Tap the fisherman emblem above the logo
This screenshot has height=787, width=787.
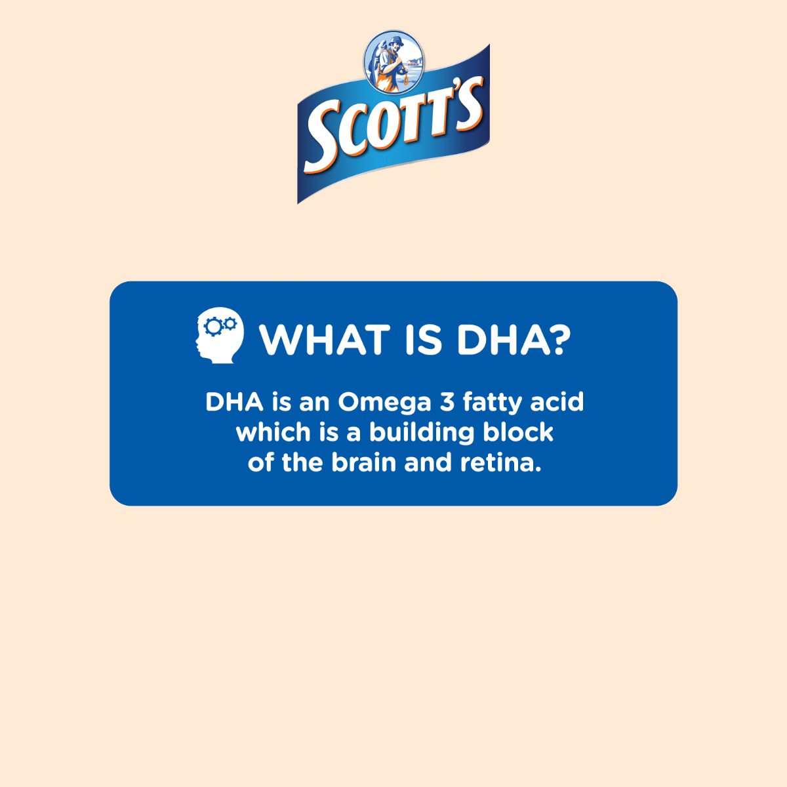[x=394, y=62]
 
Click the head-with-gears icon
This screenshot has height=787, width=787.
[x=220, y=335]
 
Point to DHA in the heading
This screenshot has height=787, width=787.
[x=500, y=340]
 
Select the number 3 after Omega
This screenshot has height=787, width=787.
[x=447, y=402]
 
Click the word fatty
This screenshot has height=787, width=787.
[x=492, y=403]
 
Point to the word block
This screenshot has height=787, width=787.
[x=518, y=432]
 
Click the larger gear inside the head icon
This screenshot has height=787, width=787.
[x=212, y=326]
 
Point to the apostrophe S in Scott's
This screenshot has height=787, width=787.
[x=470, y=102]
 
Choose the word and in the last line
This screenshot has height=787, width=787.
[x=428, y=463]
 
